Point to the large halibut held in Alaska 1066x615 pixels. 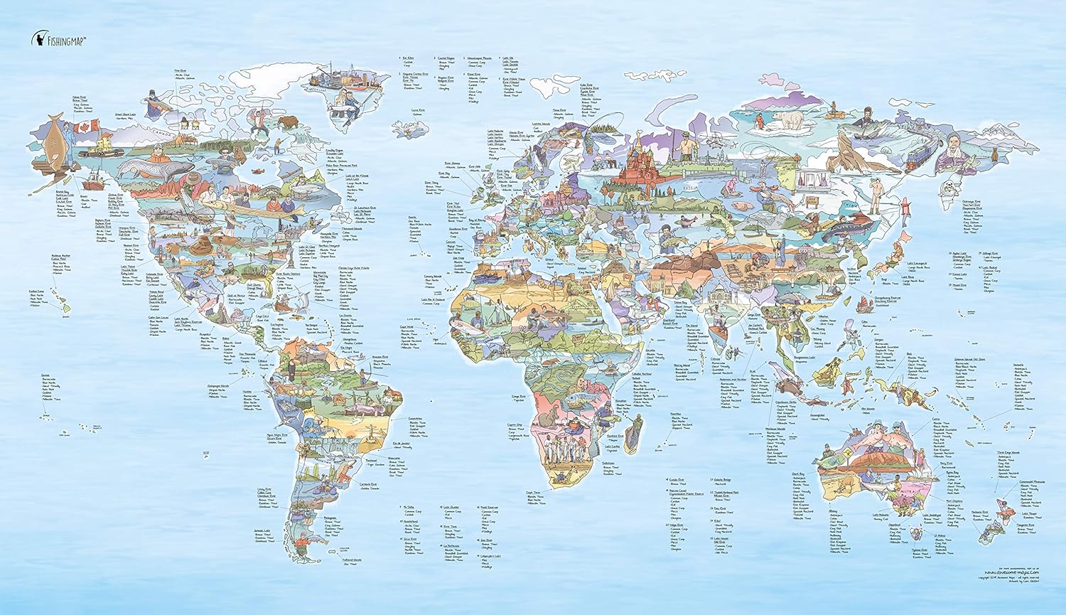(x=54, y=142)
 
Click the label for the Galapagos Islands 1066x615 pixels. (x=218, y=386)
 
